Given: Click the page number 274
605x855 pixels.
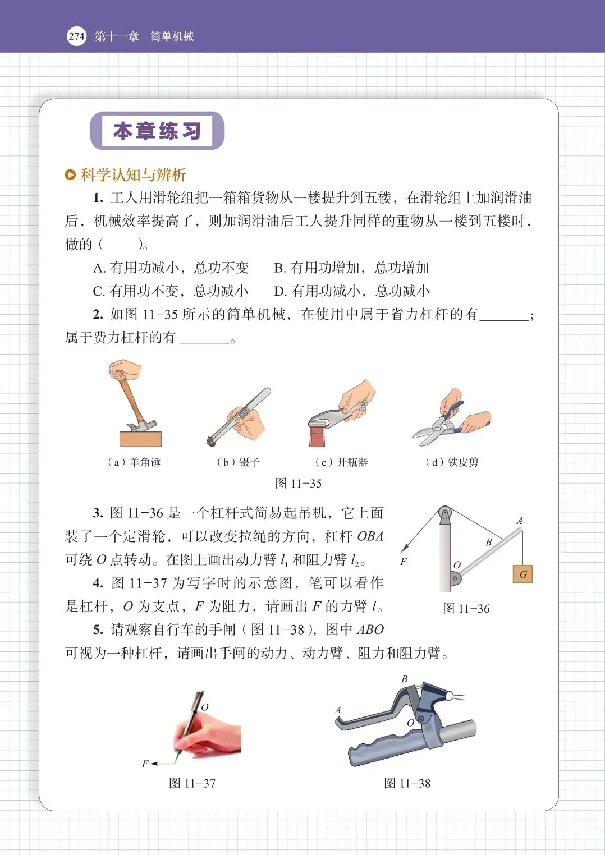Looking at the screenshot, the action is pos(76,36).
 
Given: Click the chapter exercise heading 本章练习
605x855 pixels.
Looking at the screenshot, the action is pos(157,131).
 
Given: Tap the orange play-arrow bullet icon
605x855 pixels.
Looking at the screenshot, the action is pos(71,175).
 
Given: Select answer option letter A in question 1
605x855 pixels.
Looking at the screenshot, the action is pos(99,268).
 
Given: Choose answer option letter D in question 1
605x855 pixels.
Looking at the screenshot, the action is pos(279,292).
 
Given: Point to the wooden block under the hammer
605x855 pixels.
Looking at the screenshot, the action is pos(140,439).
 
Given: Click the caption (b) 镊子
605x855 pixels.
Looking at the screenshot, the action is pos(239,462).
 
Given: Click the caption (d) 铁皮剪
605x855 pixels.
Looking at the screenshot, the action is pos(452,462).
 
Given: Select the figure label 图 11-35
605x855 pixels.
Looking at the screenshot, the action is pos(299,484).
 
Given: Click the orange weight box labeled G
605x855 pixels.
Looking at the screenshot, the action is pos(522,574).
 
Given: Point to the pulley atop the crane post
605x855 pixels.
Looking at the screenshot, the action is pos(444,513).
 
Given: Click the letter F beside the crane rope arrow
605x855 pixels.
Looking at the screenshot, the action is pos(404,562).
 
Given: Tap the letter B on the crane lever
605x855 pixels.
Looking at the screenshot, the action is pos(488,542).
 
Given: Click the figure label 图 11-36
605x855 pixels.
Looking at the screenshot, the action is pos(466,608).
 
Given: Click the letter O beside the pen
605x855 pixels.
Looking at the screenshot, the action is pos(205,707).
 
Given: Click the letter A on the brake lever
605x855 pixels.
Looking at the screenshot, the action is pos(338,710).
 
